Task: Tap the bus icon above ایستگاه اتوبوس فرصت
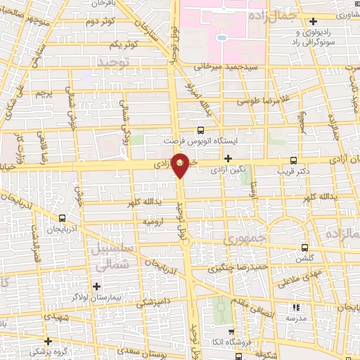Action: point(200,130)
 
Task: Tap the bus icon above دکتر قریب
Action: point(293,160)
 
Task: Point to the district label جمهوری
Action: point(240,240)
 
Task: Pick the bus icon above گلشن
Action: point(304,247)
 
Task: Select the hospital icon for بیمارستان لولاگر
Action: point(97,286)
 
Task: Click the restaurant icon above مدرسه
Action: point(296,307)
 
